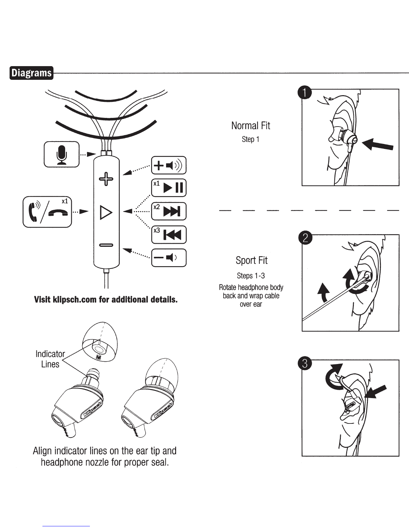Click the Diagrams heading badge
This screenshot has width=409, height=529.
point(31,73)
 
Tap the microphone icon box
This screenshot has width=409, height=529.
point(61,154)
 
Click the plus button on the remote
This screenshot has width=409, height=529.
point(106,179)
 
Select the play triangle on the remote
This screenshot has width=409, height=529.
point(106,212)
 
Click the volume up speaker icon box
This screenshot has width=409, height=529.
point(169,165)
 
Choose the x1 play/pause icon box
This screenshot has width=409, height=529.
point(169,188)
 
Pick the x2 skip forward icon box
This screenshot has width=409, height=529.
point(169,211)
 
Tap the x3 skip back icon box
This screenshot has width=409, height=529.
point(169,235)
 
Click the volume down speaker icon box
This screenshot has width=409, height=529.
point(169,258)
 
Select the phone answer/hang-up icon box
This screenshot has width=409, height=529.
point(47,212)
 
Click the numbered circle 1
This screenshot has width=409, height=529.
point(305,93)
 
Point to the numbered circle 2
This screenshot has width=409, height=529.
point(305,238)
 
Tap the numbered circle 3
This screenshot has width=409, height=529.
point(305,363)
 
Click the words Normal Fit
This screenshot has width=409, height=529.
point(251,126)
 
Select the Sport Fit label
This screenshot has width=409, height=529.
point(251,260)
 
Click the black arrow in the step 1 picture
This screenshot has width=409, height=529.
point(378,145)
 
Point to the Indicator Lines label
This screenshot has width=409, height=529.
point(50,359)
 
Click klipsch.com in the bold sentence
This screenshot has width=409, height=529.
point(75,300)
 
